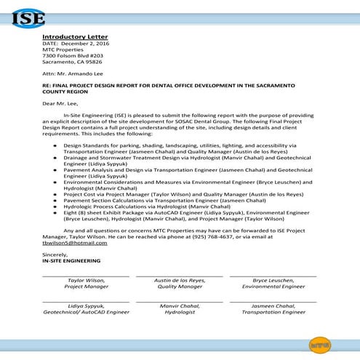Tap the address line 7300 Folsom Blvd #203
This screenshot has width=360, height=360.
[73, 56]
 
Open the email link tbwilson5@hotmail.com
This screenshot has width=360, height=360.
[75, 243]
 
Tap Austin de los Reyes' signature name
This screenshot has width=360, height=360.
[180, 280]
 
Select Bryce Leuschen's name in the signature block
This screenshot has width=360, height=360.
[273, 280]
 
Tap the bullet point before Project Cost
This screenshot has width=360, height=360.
[57, 194]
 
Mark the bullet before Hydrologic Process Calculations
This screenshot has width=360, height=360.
[57, 207]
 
